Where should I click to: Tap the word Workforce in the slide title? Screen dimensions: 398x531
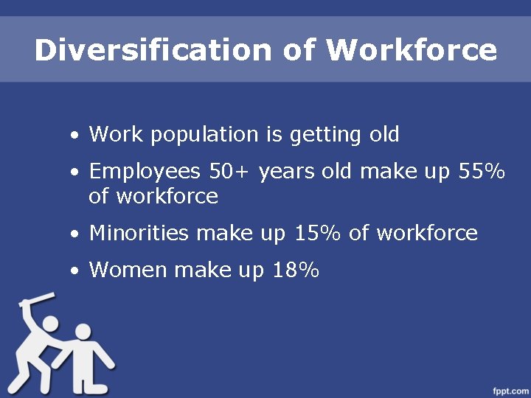point(412,50)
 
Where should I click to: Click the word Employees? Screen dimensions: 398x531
point(145,172)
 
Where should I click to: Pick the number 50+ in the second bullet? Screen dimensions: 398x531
point(231,172)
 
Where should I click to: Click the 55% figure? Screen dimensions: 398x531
point(482,172)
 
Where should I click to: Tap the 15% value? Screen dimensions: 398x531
point(318,234)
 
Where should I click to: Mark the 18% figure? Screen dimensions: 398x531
point(295,270)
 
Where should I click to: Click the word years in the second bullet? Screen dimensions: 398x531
point(287,172)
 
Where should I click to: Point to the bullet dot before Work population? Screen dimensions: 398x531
point(75,136)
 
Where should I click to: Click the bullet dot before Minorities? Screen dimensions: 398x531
point(75,235)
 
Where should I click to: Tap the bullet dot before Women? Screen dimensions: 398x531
point(75,272)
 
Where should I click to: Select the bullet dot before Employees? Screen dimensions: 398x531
point(75,173)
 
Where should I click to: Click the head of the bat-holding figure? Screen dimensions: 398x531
point(49,324)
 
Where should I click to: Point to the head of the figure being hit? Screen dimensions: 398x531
point(83,334)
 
